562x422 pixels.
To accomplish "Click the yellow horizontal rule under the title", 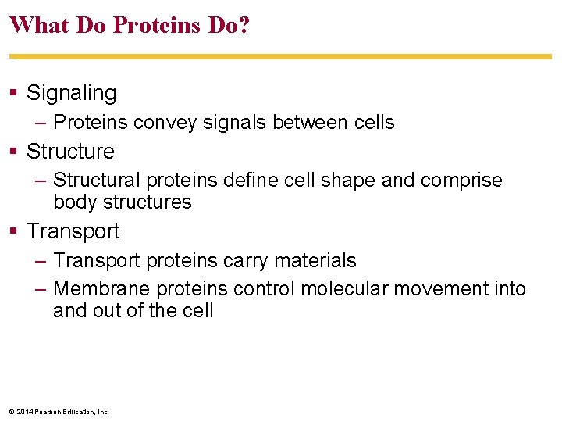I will tap(281, 56).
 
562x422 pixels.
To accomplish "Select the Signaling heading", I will tap(71, 93).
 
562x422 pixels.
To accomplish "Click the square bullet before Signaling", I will tap(13, 94).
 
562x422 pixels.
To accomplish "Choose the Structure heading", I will tap(70, 152).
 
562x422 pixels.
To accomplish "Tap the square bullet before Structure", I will tap(13, 152).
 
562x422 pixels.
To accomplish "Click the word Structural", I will tap(95, 181).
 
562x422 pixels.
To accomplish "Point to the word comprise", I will tap(461, 181).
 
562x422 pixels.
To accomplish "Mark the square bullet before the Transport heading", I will tap(13, 232).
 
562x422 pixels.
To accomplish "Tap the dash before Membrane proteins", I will tap(42, 290).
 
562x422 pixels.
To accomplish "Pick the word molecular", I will tap(344, 289).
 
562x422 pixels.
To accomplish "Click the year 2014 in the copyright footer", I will tap(23, 412).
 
